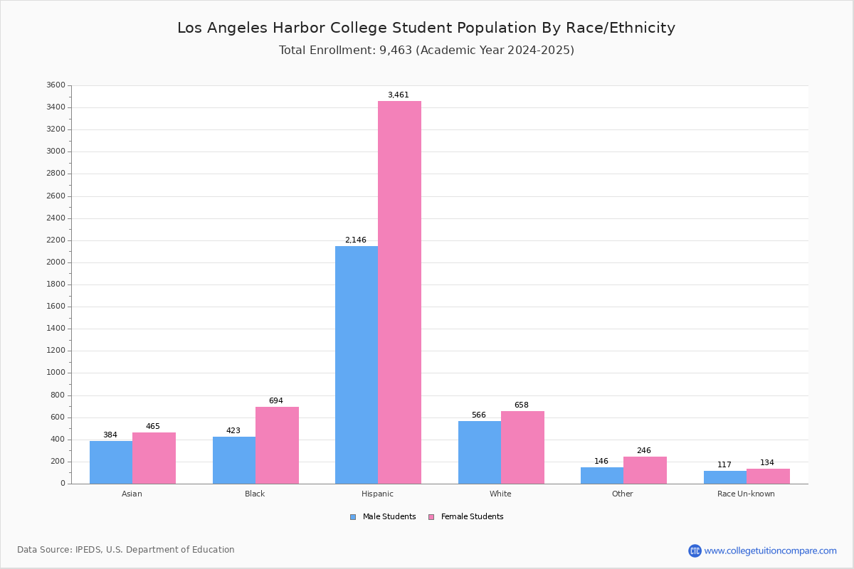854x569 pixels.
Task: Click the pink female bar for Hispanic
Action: [x=399, y=292]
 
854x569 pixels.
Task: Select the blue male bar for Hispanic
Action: [x=357, y=364]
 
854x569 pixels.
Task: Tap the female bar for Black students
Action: [x=277, y=445]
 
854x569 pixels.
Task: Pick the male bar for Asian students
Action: [x=111, y=462]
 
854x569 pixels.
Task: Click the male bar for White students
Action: [x=480, y=452]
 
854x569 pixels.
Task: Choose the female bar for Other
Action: [x=645, y=470]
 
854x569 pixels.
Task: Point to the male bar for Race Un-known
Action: [x=725, y=477]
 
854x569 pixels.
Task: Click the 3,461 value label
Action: [x=399, y=95]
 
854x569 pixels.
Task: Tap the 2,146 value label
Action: [x=356, y=240]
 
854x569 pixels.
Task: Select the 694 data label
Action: [x=276, y=401]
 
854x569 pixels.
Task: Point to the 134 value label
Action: [x=767, y=463]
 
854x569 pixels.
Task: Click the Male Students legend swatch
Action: [x=353, y=517]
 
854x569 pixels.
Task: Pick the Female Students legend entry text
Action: [x=472, y=517]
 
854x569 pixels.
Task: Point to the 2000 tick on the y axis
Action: [x=56, y=262]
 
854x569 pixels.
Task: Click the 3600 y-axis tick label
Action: [x=56, y=85]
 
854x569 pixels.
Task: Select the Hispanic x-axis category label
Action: [x=377, y=494]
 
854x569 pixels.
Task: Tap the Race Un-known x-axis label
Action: [x=746, y=494]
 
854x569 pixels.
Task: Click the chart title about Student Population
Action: [x=426, y=28]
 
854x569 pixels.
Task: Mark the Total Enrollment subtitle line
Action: [x=426, y=50]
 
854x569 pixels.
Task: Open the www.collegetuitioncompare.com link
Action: [x=770, y=551]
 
